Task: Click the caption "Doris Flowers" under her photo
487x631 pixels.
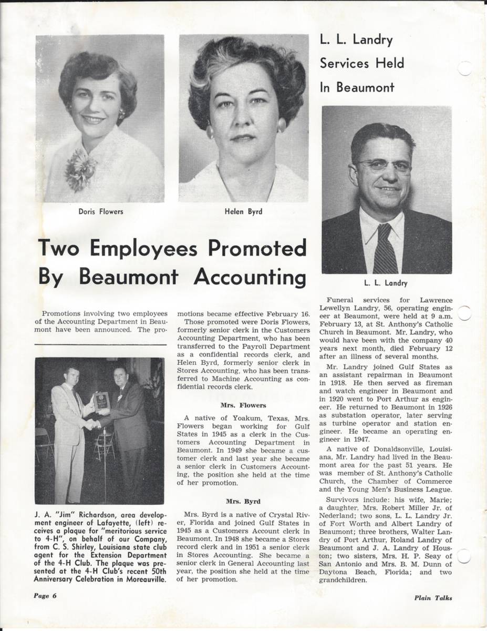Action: coord(100,212)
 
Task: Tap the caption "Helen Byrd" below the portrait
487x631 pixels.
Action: coord(243,212)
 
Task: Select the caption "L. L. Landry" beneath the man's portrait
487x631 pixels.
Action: coord(387,283)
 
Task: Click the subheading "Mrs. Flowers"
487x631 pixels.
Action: coord(243,405)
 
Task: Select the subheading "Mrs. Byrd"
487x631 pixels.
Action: coord(243,501)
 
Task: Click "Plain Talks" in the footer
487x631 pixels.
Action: coord(432,597)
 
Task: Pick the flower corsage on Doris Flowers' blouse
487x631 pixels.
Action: coord(80,169)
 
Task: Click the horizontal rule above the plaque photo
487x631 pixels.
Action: coord(99,345)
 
